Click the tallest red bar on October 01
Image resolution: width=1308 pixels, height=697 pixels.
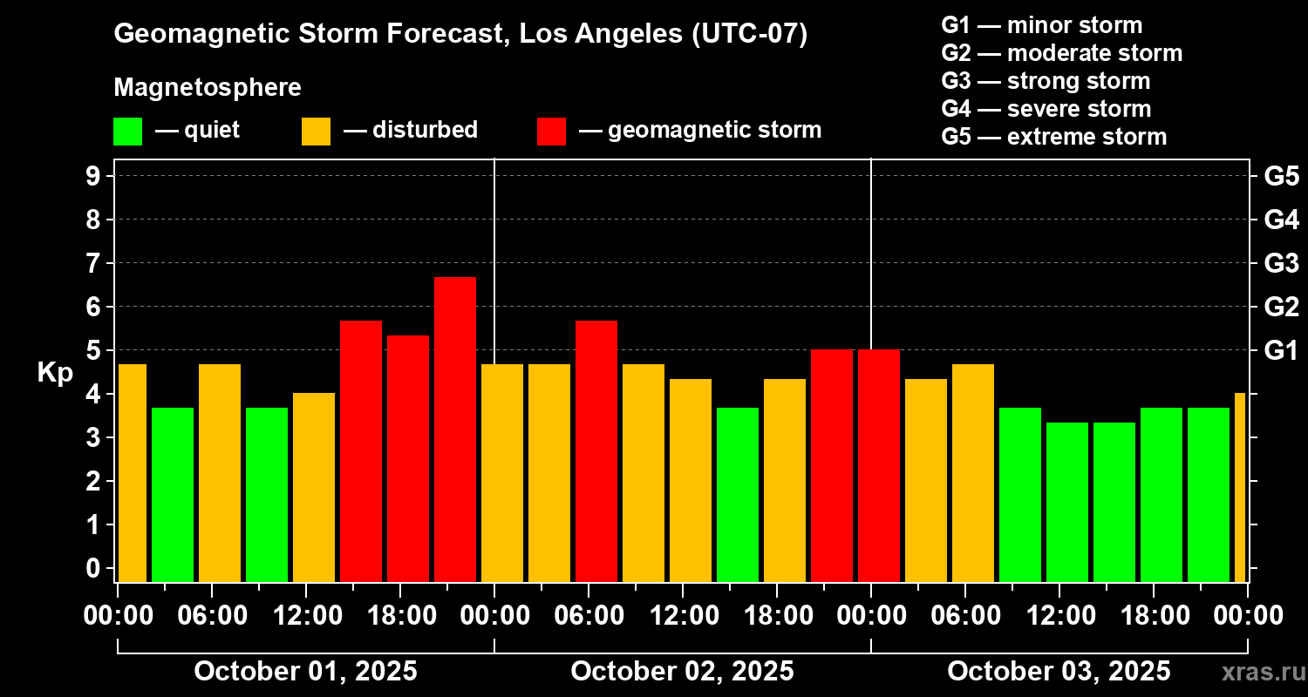(455, 429)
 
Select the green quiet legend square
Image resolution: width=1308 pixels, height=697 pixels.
(127, 132)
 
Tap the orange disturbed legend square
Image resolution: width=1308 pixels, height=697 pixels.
(316, 132)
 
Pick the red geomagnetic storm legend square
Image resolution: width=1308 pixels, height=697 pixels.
(551, 132)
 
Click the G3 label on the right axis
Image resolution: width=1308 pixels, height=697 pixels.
(1281, 263)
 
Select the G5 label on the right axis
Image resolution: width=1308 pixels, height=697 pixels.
(1281, 176)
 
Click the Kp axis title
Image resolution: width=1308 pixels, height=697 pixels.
(55, 372)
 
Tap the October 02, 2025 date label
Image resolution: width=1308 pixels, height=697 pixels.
(682, 671)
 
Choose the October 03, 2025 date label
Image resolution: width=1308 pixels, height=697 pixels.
(1059, 671)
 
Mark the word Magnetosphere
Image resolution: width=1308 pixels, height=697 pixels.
(208, 88)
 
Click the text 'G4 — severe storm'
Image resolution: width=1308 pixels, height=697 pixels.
(1046, 109)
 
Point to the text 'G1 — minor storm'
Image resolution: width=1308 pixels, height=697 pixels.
(1042, 25)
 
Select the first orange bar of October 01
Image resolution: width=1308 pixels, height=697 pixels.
(132, 472)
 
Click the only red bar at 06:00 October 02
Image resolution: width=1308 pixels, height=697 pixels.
(596, 450)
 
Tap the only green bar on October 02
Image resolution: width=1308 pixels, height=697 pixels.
(738, 494)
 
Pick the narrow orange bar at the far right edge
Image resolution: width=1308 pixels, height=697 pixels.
(1240, 487)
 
